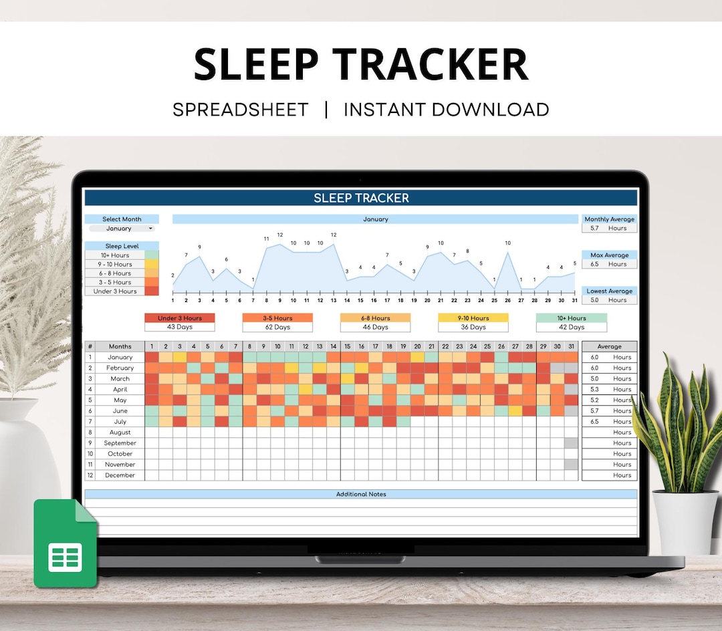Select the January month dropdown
[x=122, y=229]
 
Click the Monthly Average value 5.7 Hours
[x=609, y=229]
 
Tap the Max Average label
[x=609, y=255]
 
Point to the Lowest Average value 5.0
[x=595, y=300]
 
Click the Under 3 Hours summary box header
[x=179, y=318]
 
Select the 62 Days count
[x=277, y=328]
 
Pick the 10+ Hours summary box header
[x=571, y=318]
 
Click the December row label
[x=120, y=475]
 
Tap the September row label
[x=120, y=443]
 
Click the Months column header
[x=120, y=346]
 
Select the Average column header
[x=609, y=346]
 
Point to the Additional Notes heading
[x=361, y=495]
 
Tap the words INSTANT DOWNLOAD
[x=447, y=110]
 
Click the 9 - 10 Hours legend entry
[x=115, y=265]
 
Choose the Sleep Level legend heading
[x=122, y=246]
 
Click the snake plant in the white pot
[x=679, y=428]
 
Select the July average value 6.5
[x=594, y=422]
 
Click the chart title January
[x=375, y=219]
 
